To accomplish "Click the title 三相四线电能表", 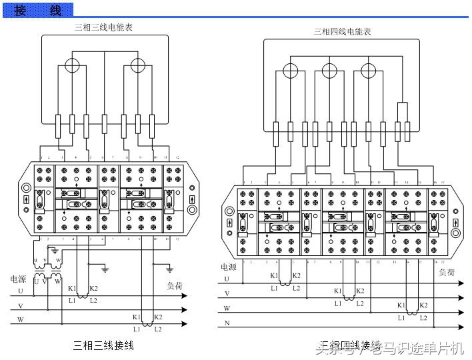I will pos(342,31).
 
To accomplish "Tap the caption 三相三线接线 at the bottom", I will pos(103,345).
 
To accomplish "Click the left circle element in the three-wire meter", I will pos(72,65).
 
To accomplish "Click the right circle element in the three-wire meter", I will pos(137,65).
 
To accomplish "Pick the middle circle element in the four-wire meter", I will pos(329,69).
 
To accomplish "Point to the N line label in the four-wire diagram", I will pos(227,323).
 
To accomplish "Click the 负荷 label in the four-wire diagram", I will pos(447,272).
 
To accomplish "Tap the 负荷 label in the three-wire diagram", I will pos(175,286).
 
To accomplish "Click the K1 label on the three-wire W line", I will pos(137,317).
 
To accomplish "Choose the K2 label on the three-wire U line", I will pos(93,288).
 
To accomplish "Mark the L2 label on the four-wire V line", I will pos(360,303).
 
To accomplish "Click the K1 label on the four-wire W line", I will pos(401,305).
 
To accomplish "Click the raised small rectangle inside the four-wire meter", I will pos(402,111).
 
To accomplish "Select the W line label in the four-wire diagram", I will pos(227,308).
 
